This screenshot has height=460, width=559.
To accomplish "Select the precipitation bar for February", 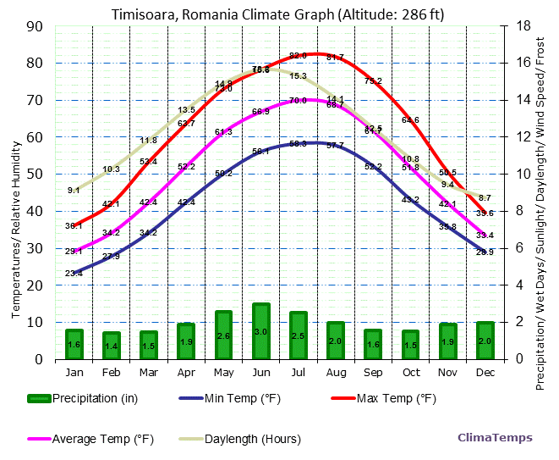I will coord(112,346).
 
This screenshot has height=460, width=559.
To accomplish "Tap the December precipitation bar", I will coord(485,341).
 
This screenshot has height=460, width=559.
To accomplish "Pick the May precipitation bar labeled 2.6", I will coord(223,335).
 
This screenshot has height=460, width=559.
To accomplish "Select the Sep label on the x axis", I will coord(373,372).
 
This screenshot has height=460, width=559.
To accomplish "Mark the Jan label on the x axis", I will coord(74,372).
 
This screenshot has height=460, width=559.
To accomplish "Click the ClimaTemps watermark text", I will coord(495,438).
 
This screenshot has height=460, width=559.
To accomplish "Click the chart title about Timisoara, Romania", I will coord(279,14).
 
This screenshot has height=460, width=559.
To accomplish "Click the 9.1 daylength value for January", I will coord(74,191).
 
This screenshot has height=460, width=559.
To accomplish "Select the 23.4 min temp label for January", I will coord(74,273).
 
